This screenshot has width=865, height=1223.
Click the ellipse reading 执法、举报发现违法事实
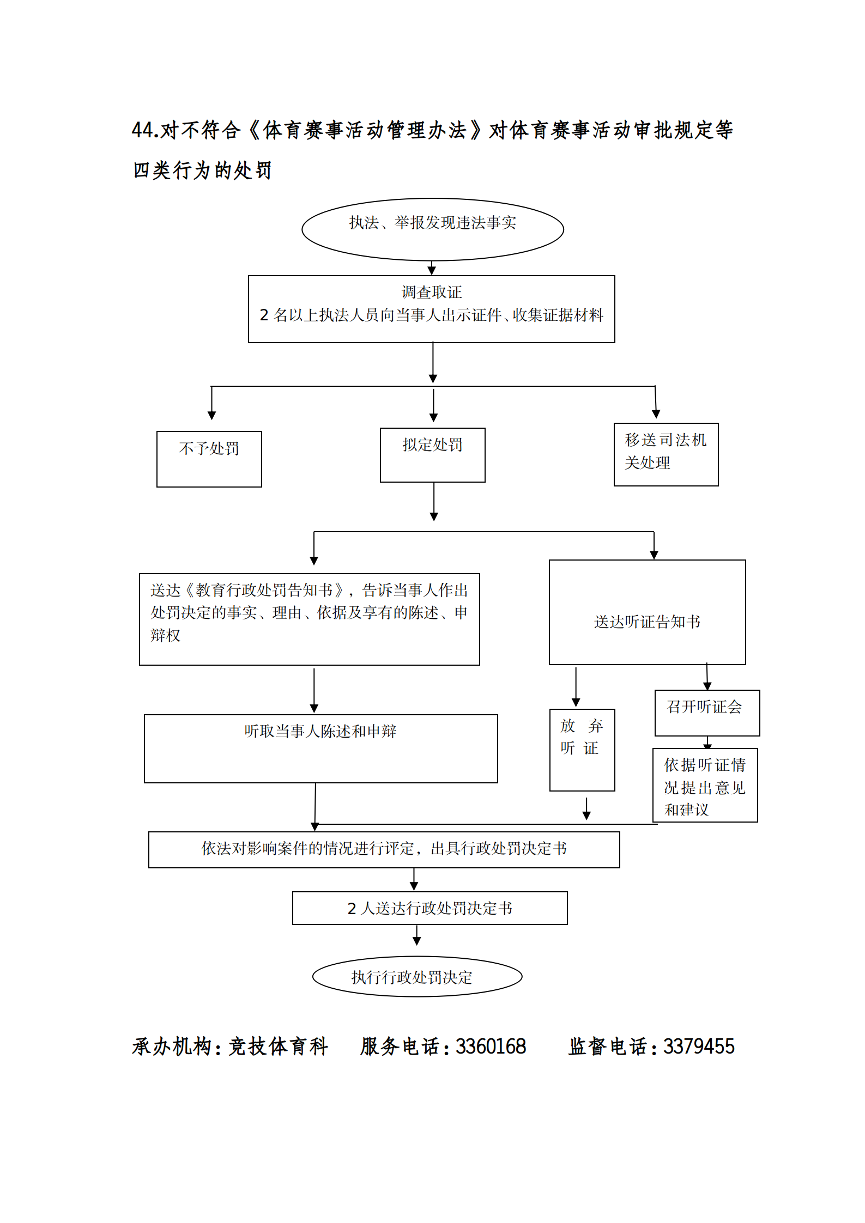[x=433, y=229]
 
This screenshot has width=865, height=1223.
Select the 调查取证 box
[x=431, y=309]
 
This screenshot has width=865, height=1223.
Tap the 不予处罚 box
[x=209, y=459]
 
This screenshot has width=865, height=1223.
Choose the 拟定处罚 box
[x=432, y=455]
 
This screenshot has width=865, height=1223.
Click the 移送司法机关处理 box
[x=666, y=454]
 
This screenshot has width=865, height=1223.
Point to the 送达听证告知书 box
[x=647, y=612]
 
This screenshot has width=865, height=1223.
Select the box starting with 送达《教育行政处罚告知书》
[x=309, y=619]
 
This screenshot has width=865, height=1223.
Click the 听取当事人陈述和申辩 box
[x=320, y=748]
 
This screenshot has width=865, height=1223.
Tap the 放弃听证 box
[x=582, y=750]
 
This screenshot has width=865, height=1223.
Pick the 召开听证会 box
[x=706, y=713]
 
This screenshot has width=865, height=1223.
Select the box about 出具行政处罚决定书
[x=384, y=849]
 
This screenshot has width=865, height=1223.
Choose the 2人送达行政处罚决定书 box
[x=430, y=908]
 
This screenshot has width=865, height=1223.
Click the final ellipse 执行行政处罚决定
[x=417, y=977]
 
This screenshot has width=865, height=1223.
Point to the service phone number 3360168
[x=491, y=1046]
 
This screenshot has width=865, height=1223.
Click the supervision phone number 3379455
[x=698, y=1046]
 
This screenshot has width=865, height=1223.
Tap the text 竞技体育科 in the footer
[x=278, y=1046]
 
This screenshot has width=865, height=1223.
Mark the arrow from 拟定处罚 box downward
[x=434, y=502]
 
